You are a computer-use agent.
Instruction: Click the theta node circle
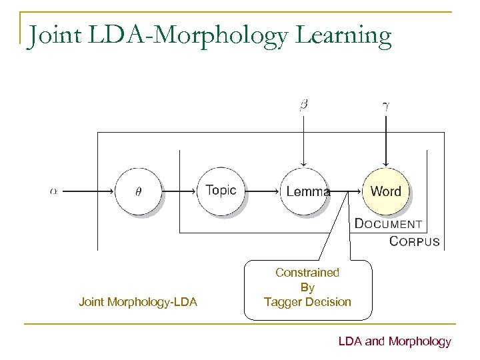pyautogui.click(x=138, y=191)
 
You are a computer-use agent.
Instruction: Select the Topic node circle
pyautogui.click(x=221, y=191)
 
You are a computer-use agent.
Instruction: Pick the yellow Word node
pyautogui.click(x=386, y=191)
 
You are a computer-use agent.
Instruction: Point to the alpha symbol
pyautogui.click(x=53, y=191)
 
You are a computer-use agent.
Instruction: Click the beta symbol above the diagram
pyautogui.click(x=303, y=105)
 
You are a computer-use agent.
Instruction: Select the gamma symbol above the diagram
pyautogui.click(x=386, y=105)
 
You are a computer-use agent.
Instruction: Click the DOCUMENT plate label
pyautogui.click(x=388, y=224)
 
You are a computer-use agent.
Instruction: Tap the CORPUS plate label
pyautogui.click(x=414, y=241)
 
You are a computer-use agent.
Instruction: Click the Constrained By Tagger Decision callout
pyautogui.click(x=307, y=287)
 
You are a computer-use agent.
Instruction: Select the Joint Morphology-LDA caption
pyautogui.click(x=138, y=302)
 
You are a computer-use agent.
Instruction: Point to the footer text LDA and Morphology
pyautogui.click(x=395, y=341)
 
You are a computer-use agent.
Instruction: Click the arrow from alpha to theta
pyautogui.click(x=87, y=191)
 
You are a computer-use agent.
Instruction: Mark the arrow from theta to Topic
pyautogui.click(x=179, y=191)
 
